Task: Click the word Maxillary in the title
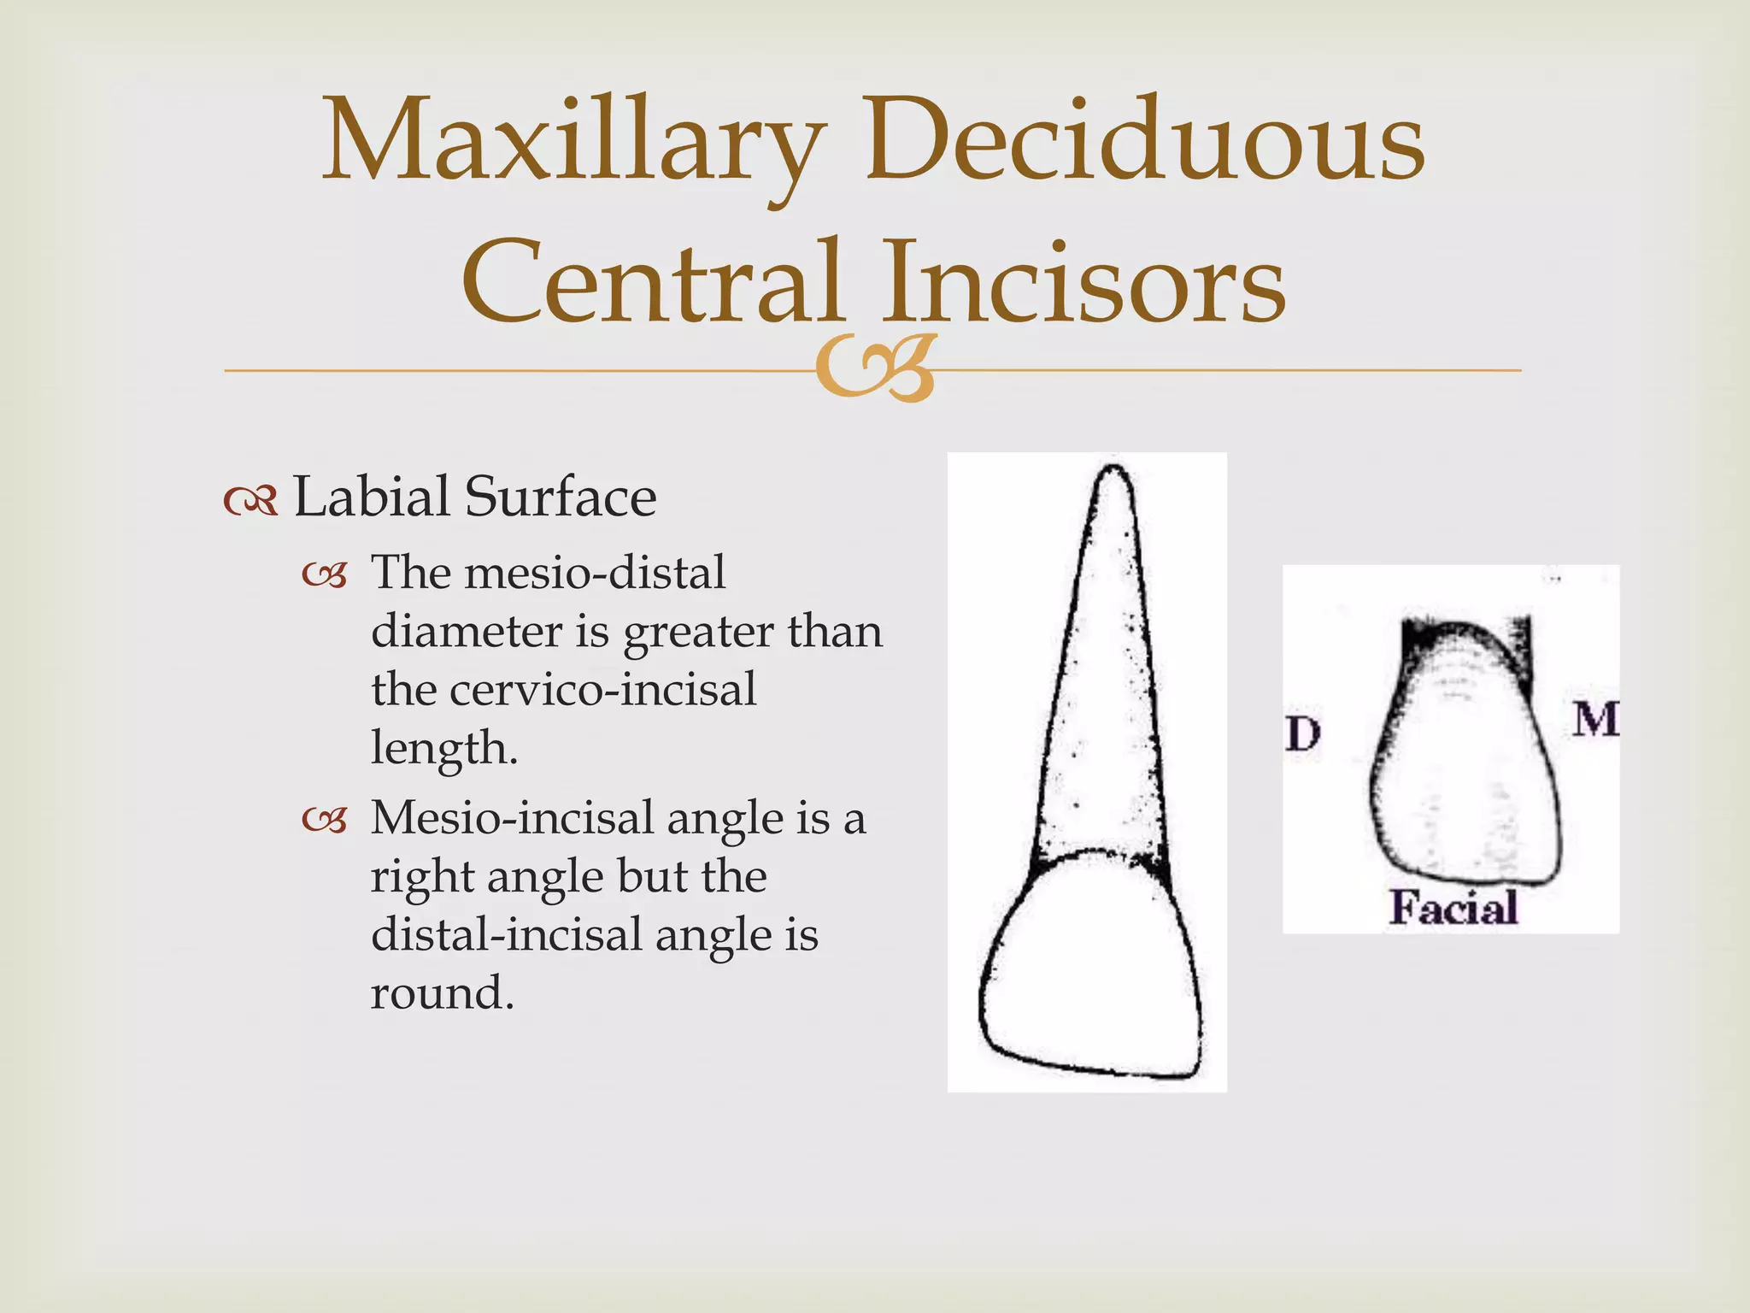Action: [x=573, y=141]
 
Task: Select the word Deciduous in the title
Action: [x=1145, y=141]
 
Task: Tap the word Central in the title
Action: [x=653, y=282]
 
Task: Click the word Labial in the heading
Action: [x=371, y=497]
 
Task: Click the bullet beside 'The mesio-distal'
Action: [x=325, y=577]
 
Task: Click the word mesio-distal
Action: [x=595, y=573]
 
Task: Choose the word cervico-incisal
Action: [x=602, y=690]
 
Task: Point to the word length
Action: [x=443, y=749]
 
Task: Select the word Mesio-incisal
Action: [x=512, y=818]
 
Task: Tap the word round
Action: [x=441, y=993]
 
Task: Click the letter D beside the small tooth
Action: [x=1303, y=733]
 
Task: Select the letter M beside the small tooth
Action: [x=1594, y=719]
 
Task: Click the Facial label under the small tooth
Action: [x=1453, y=908]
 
